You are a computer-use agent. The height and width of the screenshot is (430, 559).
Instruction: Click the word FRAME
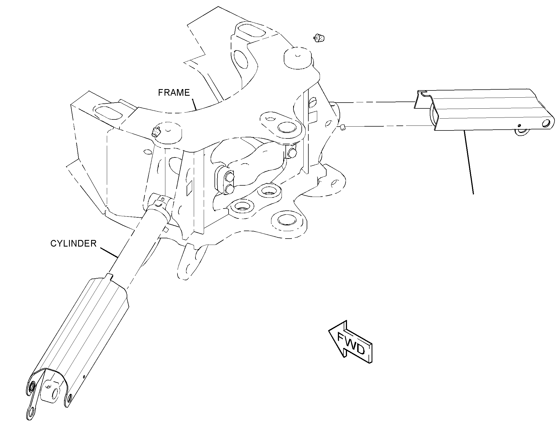pos(174,92)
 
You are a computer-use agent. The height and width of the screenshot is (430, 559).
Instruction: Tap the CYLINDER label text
pos(73,244)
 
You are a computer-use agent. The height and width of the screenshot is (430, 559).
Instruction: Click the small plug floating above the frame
pos(319,38)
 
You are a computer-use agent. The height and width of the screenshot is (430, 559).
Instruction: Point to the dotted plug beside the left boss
pos(156,132)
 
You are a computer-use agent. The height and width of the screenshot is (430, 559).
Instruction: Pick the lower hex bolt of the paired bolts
pos(229,189)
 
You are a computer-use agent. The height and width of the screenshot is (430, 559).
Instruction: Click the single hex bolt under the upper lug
pos(292,152)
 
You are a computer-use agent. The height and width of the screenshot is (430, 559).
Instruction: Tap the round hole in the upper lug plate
pos(286,128)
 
